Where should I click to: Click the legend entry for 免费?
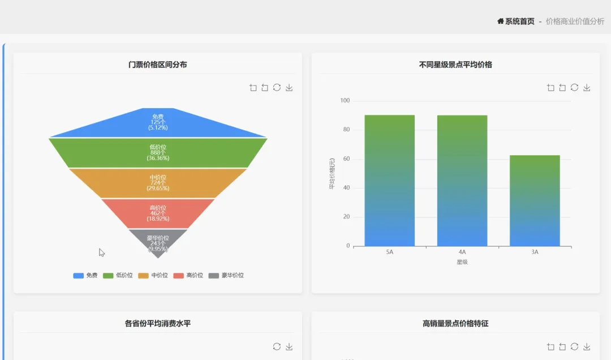85,276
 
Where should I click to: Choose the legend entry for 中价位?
153,276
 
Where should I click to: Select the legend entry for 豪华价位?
226,276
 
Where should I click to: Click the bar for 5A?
389,181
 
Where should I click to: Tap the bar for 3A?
535,201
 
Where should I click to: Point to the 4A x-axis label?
462,252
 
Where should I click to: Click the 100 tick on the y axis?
345,101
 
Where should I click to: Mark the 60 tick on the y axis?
346,159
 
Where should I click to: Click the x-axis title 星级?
462,262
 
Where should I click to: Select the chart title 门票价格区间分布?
158,65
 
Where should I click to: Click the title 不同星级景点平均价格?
455,65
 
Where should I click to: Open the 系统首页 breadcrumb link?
516,22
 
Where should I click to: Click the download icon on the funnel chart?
289,88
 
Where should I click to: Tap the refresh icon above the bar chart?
574,88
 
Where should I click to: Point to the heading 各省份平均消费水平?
158,324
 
